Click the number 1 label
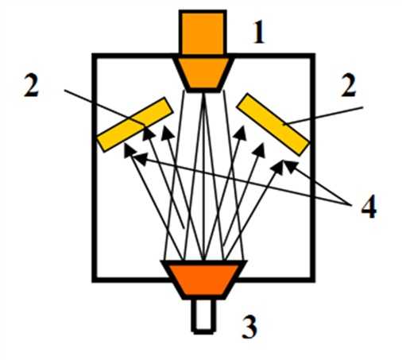point(259,33)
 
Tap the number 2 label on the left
point(31,85)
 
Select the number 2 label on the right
point(348,85)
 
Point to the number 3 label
point(249,327)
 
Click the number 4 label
point(369,206)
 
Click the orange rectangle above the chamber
point(203,33)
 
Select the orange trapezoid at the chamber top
point(203,74)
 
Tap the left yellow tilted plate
point(135,124)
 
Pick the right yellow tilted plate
point(273,124)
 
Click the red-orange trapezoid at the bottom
point(204,280)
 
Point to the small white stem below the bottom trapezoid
point(203,316)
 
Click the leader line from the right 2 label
point(323,115)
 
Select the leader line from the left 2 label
point(105,107)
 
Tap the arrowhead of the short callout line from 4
point(291,165)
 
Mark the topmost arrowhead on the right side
point(241,133)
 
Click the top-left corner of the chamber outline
point(94,55)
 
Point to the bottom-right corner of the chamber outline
point(313,280)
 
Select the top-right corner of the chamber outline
point(313,55)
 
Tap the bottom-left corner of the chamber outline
point(94,280)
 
